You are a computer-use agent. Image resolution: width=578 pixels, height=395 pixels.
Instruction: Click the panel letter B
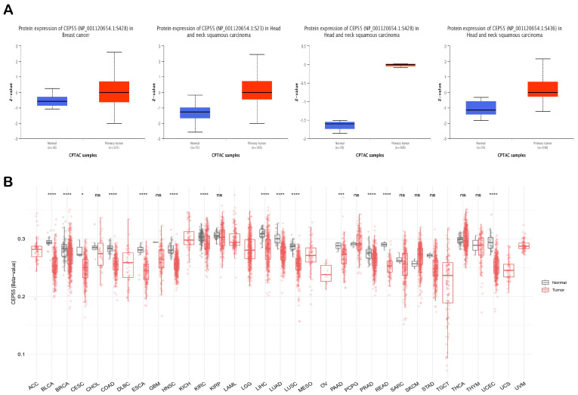8,182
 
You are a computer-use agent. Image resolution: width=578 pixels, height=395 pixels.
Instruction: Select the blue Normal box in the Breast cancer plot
52,101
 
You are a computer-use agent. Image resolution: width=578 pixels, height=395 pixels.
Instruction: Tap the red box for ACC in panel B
36,252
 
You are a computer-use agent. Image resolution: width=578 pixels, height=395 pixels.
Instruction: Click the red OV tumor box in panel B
326,273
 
